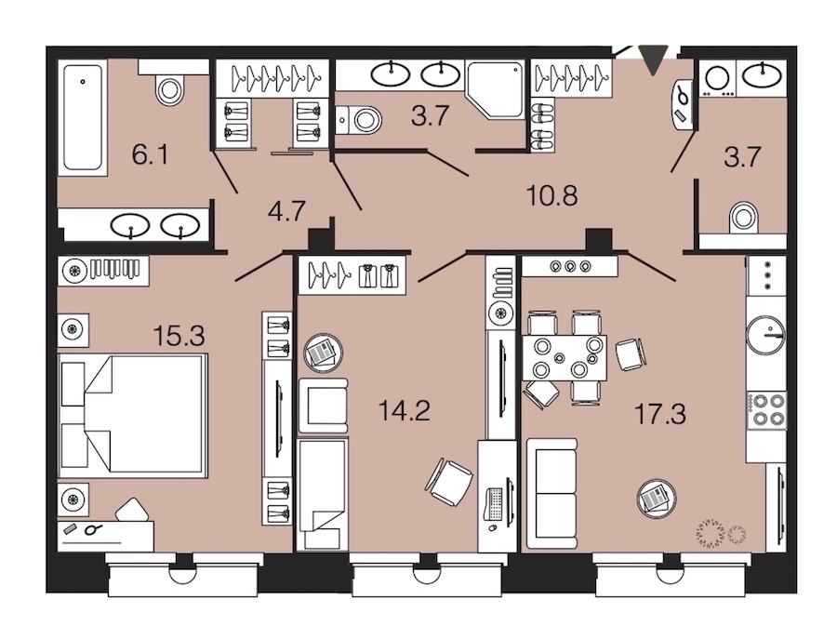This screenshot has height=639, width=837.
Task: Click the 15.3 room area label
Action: (179, 337)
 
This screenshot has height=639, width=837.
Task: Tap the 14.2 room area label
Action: (405, 411)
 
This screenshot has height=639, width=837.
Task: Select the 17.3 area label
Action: (660, 414)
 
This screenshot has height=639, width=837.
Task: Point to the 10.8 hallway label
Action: (551, 196)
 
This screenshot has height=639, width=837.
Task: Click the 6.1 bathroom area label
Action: (150, 155)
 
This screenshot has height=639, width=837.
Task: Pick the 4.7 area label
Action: (286, 211)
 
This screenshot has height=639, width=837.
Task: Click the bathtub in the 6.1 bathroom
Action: (82, 117)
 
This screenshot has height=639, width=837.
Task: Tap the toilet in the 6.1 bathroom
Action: (170, 88)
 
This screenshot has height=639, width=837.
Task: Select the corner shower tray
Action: (495, 89)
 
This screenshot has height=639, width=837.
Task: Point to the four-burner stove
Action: (766, 409)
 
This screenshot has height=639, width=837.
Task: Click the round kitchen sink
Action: (766, 335)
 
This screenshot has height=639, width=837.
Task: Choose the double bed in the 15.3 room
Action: (132, 416)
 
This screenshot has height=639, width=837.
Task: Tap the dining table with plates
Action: (565, 357)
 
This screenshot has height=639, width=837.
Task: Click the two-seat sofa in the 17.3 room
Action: (551, 494)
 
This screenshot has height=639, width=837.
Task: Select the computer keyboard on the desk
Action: (493, 503)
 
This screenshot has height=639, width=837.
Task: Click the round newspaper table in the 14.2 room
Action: (323, 353)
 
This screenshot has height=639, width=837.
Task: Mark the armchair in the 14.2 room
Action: (323, 406)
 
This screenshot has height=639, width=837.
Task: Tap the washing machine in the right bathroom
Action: (717, 78)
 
